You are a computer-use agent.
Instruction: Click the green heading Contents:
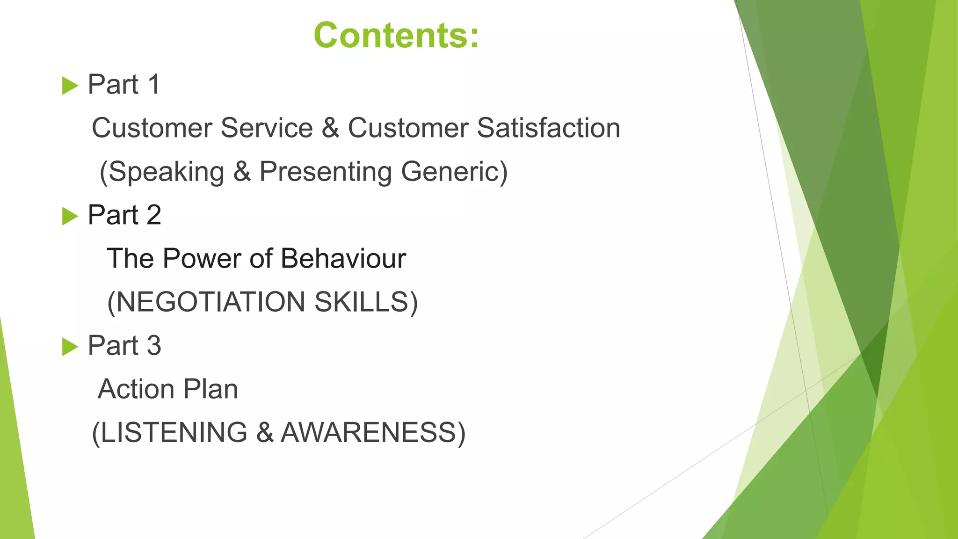[x=396, y=36]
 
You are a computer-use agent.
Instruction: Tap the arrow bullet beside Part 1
[x=70, y=86]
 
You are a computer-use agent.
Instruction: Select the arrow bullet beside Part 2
[x=70, y=216]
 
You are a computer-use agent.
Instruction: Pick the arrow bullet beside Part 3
[x=70, y=347]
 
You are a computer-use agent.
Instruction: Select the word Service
[x=267, y=128]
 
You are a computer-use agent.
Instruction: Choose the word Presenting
[x=326, y=172]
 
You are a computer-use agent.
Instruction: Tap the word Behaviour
[x=343, y=258]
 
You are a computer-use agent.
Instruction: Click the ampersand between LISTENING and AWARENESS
[x=264, y=432]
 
